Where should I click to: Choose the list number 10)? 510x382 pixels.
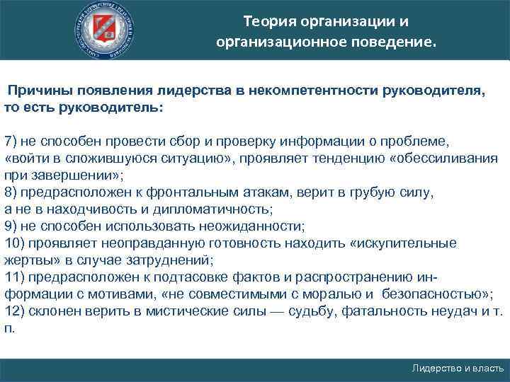coord(15,244)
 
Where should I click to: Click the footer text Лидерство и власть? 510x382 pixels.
coord(458,369)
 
